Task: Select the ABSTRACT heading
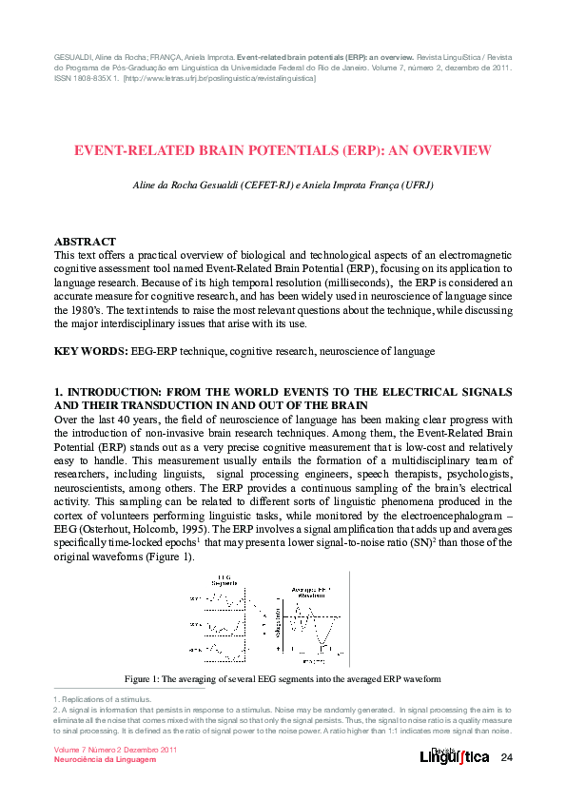(x=86, y=243)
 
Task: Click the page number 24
(x=506, y=758)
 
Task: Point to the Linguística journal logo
(x=455, y=756)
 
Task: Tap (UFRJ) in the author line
(x=416, y=186)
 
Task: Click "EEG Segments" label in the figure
(x=224, y=581)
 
